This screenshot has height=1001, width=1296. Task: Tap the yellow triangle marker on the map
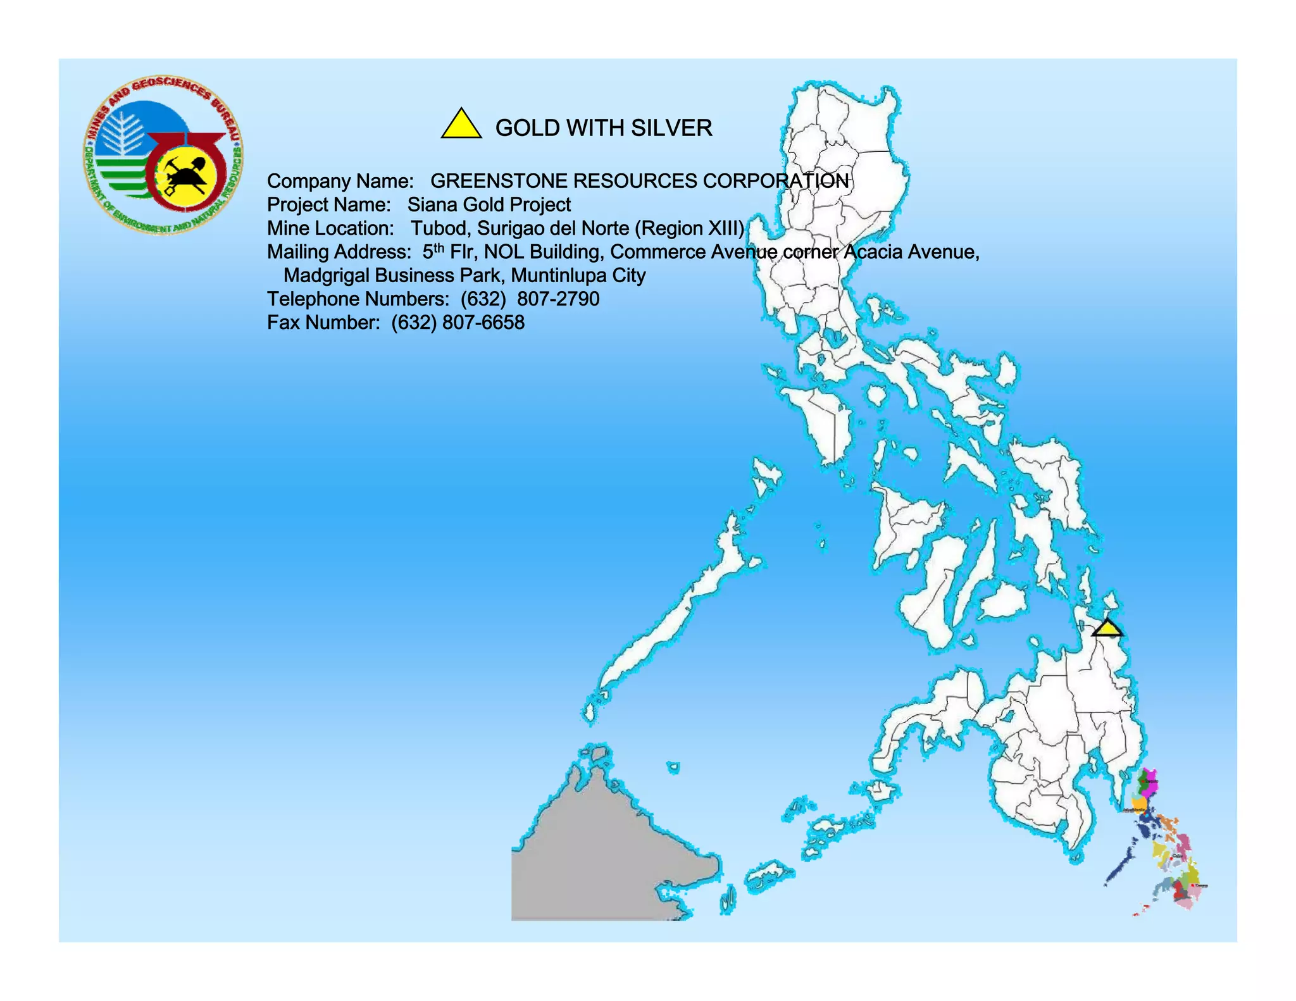pyautogui.click(x=1107, y=629)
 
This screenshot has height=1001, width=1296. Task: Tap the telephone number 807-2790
pyautogui.click(x=558, y=299)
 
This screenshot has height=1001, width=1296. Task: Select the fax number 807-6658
pyautogui.click(x=483, y=323)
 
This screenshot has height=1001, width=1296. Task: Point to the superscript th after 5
pyautogui.click(x=439, y=247)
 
